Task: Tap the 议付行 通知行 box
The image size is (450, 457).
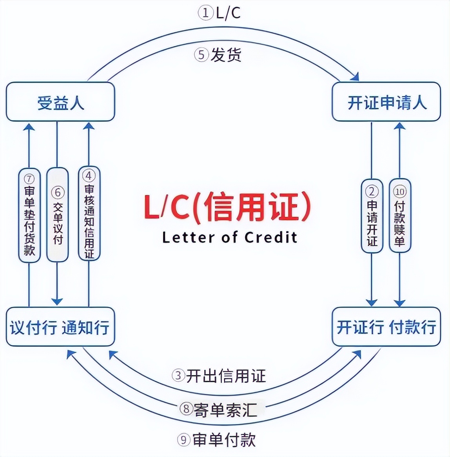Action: [60, 327]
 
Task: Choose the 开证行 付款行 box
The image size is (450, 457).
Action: [386, 327]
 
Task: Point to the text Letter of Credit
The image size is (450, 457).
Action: [230, 238]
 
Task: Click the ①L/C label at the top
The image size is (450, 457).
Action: [219, 13]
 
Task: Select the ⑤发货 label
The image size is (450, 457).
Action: [218, 54]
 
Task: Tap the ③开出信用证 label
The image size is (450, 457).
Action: [219, 375]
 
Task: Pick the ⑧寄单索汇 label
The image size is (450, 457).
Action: [219, 410]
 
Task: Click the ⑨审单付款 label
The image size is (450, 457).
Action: [216, 440]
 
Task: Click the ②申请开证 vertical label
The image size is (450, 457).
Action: [372, 216]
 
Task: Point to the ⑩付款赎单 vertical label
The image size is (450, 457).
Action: [399, 216]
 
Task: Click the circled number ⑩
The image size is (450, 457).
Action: [399, 192]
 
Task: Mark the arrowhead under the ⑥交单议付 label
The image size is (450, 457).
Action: [57, 301]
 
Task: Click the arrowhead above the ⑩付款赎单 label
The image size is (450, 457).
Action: [399, 126]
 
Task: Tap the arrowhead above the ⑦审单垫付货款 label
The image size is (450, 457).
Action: [29, 126]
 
